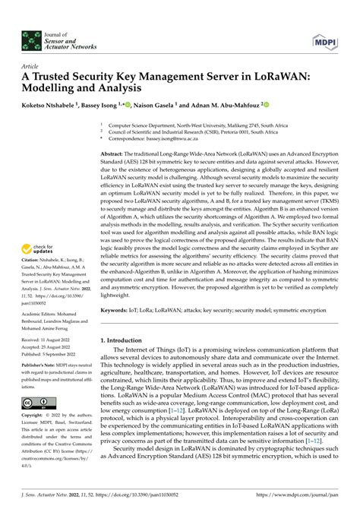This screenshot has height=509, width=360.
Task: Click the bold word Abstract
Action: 115,154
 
